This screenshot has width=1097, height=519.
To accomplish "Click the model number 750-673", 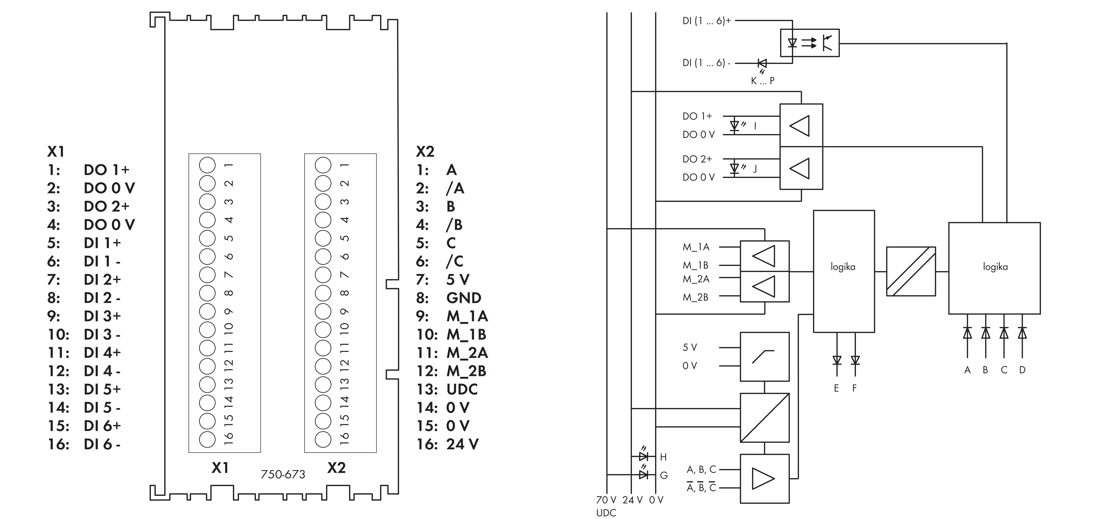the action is pos(283,474).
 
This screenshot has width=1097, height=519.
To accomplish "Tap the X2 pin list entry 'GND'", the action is pos(464,298).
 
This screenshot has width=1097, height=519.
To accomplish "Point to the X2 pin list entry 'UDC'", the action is pos(462,389).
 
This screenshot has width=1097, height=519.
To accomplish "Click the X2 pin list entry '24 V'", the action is pos(462,444).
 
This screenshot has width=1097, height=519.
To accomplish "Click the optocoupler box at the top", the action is pos(810,43).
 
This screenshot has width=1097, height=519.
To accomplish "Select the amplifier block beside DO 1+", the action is pos(801,125).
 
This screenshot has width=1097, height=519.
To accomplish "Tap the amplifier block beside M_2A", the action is pos(764,287).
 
